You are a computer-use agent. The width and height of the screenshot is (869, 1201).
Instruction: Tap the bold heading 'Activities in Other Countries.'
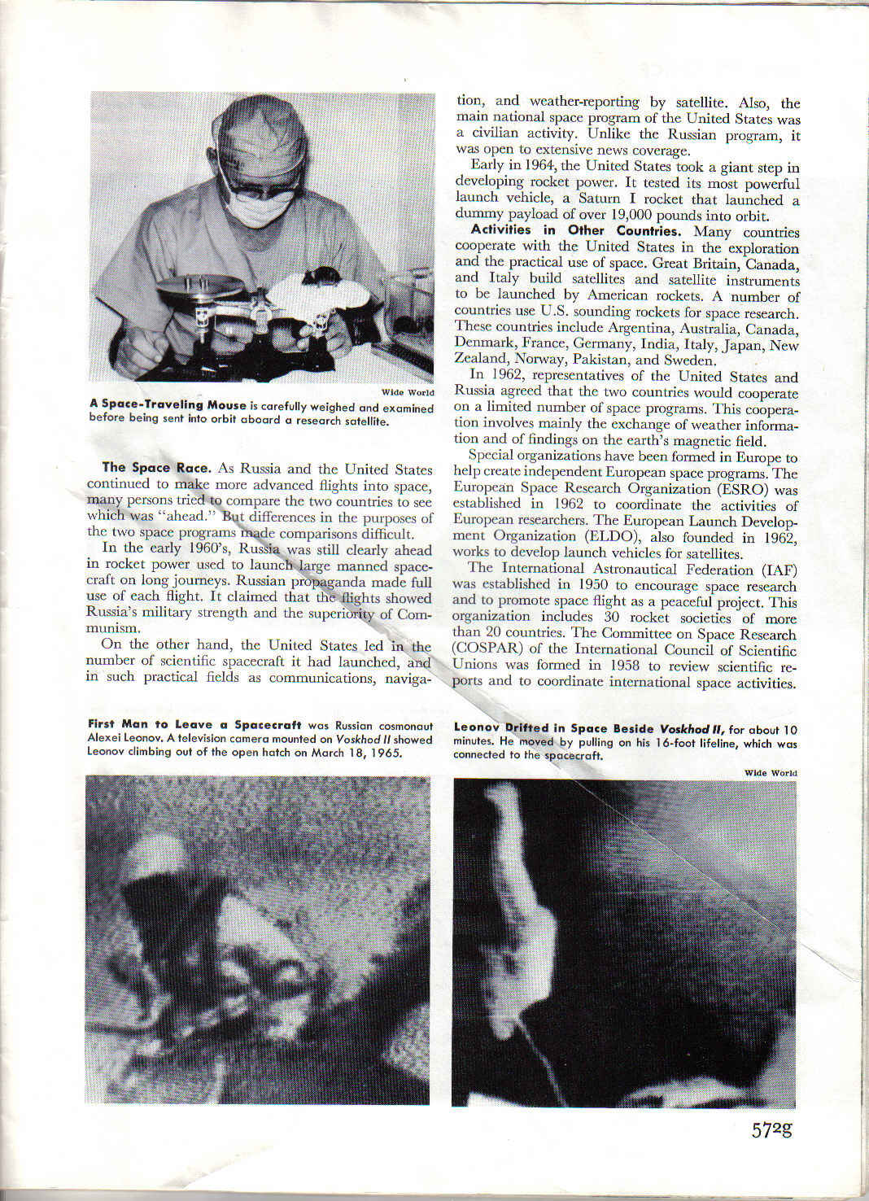575,230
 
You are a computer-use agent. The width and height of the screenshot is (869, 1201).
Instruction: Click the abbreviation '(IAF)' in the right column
779,569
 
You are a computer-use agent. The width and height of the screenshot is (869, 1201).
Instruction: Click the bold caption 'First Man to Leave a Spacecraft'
194,725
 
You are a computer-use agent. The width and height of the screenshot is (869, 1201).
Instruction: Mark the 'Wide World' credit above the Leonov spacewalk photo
771,772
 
